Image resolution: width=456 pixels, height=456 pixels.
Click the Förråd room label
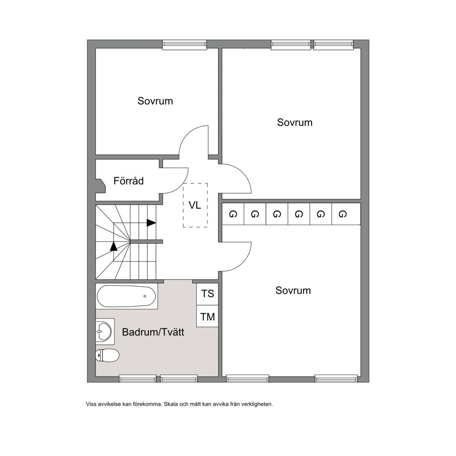tap(129, 181)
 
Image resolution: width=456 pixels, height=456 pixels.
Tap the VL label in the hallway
tap(195, 205)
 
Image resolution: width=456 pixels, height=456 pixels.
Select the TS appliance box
tap(207, 294)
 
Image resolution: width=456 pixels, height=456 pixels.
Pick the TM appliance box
tap(207, 316)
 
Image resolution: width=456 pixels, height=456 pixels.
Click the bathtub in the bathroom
tap(126, 296)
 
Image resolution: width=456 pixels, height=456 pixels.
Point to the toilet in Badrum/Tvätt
tap(107, 355)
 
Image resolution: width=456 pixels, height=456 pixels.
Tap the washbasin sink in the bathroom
tap(104, 331)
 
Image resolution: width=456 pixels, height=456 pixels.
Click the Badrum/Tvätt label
tap(153, 332)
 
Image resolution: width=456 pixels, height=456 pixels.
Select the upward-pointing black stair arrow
tap(114, 246)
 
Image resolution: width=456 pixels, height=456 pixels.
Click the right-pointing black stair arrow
tap(151, 223)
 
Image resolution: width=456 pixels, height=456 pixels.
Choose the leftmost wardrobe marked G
tap(233, 214)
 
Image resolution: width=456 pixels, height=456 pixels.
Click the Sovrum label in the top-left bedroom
tap(155, 101)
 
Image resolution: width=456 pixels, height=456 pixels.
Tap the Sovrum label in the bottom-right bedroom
tap(293, 291)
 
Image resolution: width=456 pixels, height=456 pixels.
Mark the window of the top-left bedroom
tap(184, 44)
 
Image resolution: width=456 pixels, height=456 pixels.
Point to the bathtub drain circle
tap(145, 296)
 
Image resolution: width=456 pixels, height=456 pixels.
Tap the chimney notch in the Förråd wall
tap(101, 186)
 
